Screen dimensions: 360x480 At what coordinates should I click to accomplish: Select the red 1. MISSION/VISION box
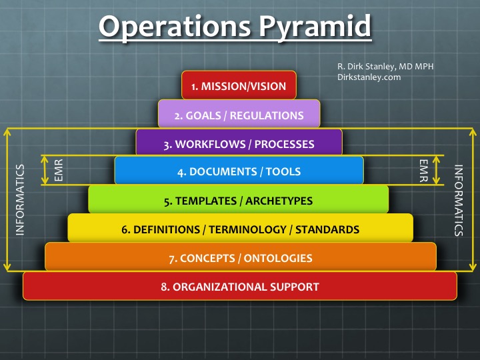(239, 86)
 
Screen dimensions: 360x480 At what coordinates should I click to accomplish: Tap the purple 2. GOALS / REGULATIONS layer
(239, 115)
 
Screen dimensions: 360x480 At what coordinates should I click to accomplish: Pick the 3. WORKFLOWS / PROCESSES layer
(239, 144)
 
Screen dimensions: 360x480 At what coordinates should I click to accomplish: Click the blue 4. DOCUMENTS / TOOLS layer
(239, 171)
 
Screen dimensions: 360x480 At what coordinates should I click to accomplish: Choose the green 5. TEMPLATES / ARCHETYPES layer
(239, 200)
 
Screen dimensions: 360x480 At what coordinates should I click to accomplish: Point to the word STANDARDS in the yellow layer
(328, 229)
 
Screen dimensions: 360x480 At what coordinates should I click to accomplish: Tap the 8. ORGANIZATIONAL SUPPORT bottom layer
(239, 287)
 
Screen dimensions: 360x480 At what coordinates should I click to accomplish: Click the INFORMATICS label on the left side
(20, 199)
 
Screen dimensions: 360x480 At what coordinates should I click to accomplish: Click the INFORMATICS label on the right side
(459, 200)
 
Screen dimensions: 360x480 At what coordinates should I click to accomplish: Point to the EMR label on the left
(58, 171)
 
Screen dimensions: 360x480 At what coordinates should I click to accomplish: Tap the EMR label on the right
(422, 171)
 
